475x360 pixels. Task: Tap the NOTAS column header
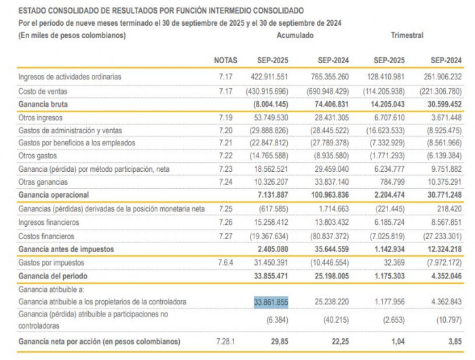(x=226, y=60)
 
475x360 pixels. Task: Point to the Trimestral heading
(x=407, y=35)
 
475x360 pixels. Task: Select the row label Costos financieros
(x=49, y=235)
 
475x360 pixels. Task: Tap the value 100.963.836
(x=328, y=194)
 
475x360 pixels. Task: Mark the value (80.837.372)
(x=327, y=235)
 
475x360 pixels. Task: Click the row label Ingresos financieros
(x=50, y=221)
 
